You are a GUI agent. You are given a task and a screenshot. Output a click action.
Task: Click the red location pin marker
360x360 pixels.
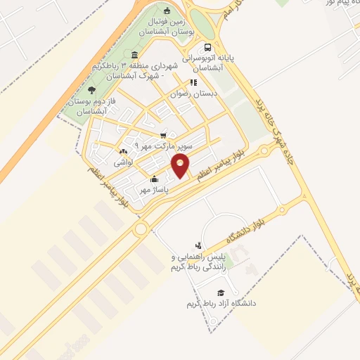(181, 167)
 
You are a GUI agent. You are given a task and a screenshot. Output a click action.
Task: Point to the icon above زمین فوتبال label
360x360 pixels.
(167, 11)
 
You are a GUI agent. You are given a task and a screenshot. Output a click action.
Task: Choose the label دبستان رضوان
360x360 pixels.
(194, 93)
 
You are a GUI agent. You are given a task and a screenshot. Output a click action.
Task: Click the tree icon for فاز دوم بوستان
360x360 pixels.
(91, 89)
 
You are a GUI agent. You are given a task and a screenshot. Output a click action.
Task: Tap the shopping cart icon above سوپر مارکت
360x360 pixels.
(163, 135)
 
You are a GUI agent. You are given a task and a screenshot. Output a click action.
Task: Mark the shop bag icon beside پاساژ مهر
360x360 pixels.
(154, 179)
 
